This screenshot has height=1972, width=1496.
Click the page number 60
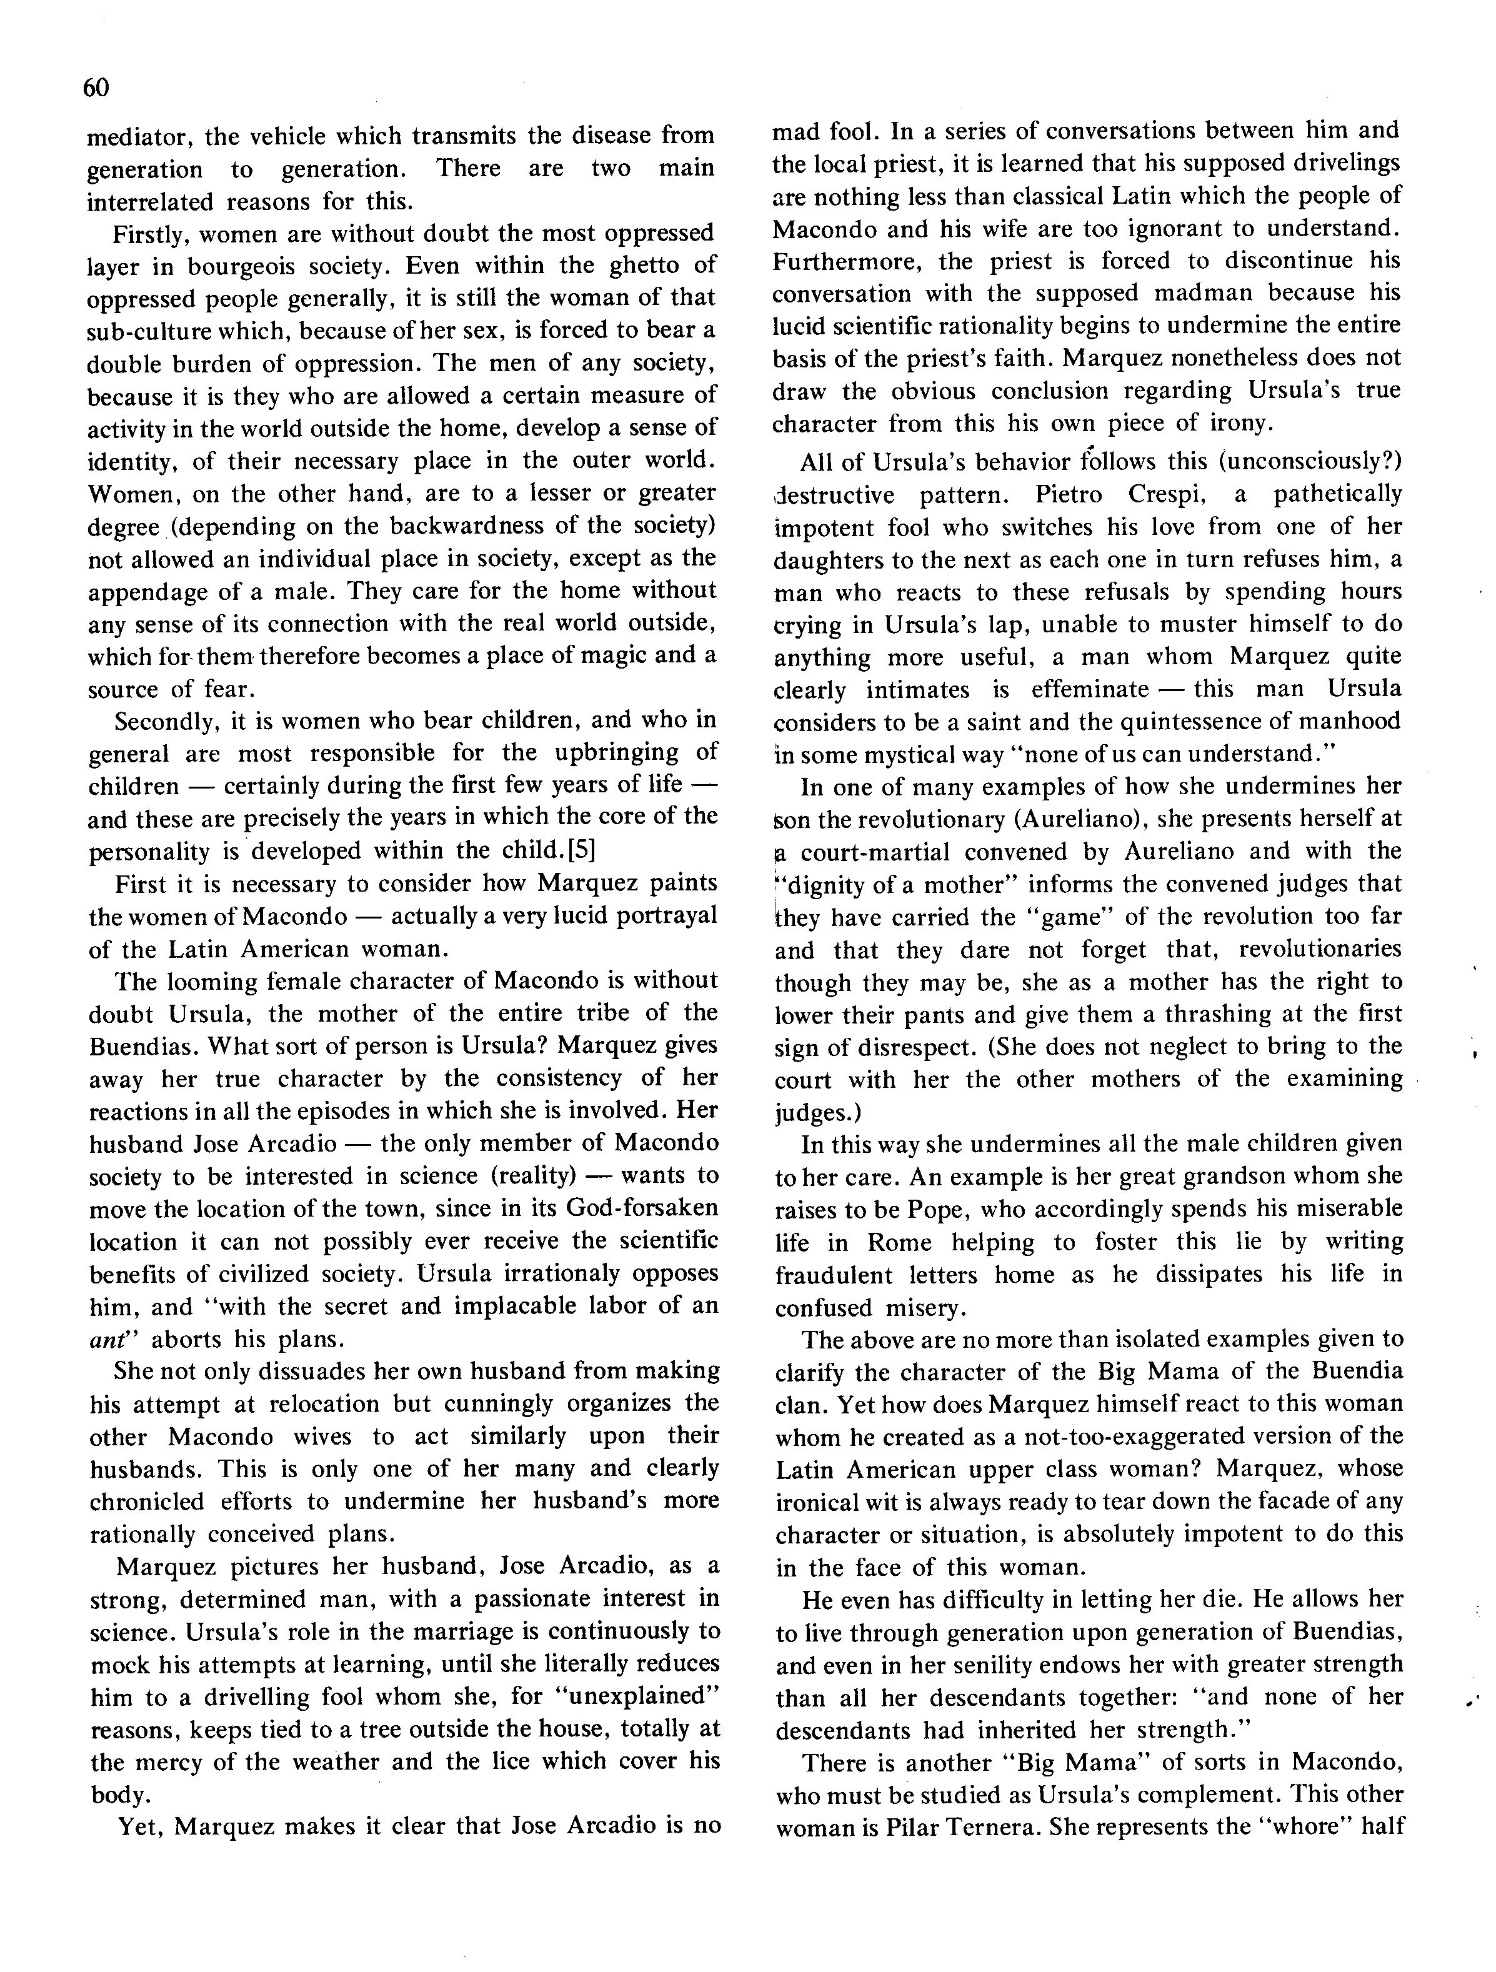96,87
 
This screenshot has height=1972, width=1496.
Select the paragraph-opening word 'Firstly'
150,234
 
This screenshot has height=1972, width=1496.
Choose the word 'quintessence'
1176,722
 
